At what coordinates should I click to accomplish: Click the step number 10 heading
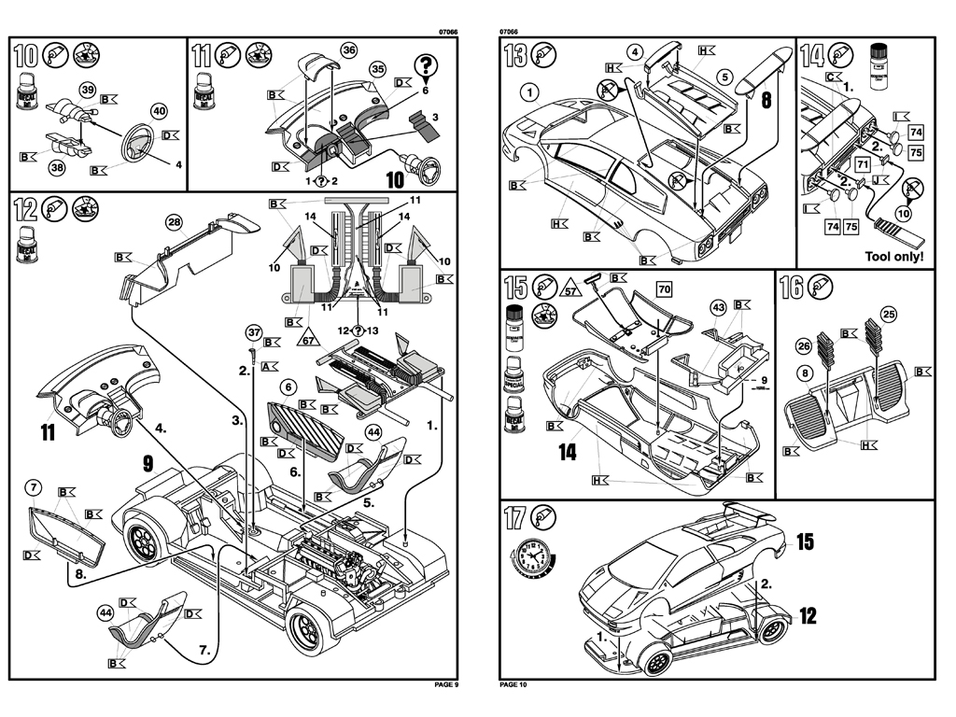tap(26, 54)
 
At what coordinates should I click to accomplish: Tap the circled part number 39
tap(88, 90)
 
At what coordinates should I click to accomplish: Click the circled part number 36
tap(348, 49)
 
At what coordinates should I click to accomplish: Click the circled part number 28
tap(174, 221)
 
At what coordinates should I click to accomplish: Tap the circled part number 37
tap(252, 332)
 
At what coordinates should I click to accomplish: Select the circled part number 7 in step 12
tap(34, 487)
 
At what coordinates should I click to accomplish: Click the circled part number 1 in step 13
tap(528, 91)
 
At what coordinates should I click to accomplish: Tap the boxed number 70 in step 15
tap(664, 288)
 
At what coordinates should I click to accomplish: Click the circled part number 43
tap(718, 307)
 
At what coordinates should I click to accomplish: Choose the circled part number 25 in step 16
tap(888, 315)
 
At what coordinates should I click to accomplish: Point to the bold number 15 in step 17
tap(806, 541)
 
